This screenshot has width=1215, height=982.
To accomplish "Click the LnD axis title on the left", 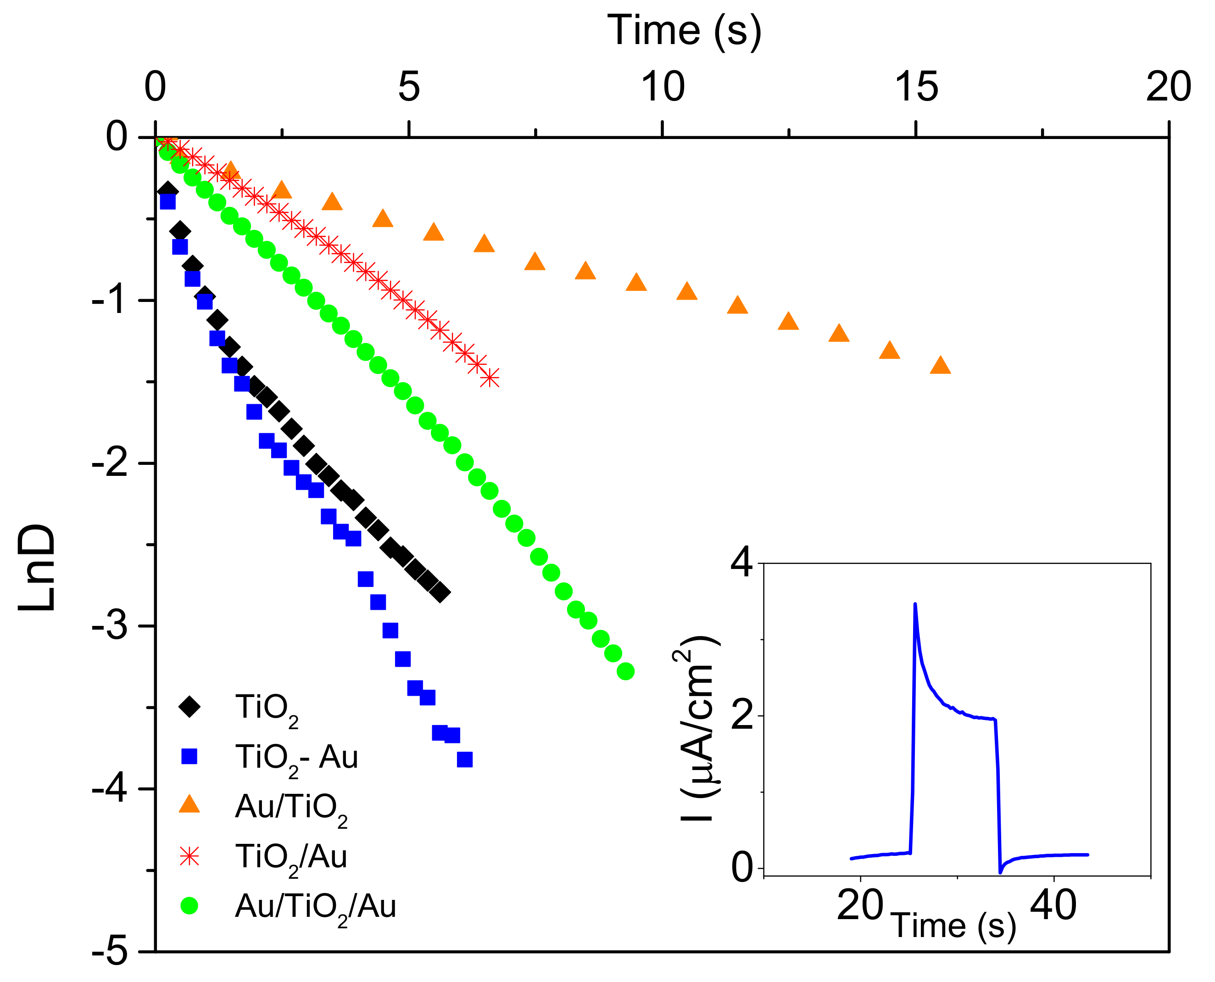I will (x=37, y=568).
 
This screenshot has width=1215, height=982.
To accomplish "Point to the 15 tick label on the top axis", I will (x=916, y=88).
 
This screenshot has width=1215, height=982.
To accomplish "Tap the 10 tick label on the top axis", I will (x=663, y=88).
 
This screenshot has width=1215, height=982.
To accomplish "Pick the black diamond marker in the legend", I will (x=189, y=707).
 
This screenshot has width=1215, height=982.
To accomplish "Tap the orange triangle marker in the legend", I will (x=189, y=805).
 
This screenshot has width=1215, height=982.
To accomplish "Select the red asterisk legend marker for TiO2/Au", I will (x=189, y=856).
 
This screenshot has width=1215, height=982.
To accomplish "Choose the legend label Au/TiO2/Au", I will (x=315, y=906).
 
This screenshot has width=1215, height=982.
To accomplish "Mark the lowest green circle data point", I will (x=625, y=671).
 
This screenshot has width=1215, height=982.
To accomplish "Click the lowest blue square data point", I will (x=464, y=760).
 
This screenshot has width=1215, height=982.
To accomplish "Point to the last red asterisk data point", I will (x=490, y=378).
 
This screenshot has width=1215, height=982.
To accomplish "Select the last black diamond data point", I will (x=440, y=593).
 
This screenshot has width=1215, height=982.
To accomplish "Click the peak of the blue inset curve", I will (x=914, y=605).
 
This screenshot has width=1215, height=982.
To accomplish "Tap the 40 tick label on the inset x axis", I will (x=1053, y=906).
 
